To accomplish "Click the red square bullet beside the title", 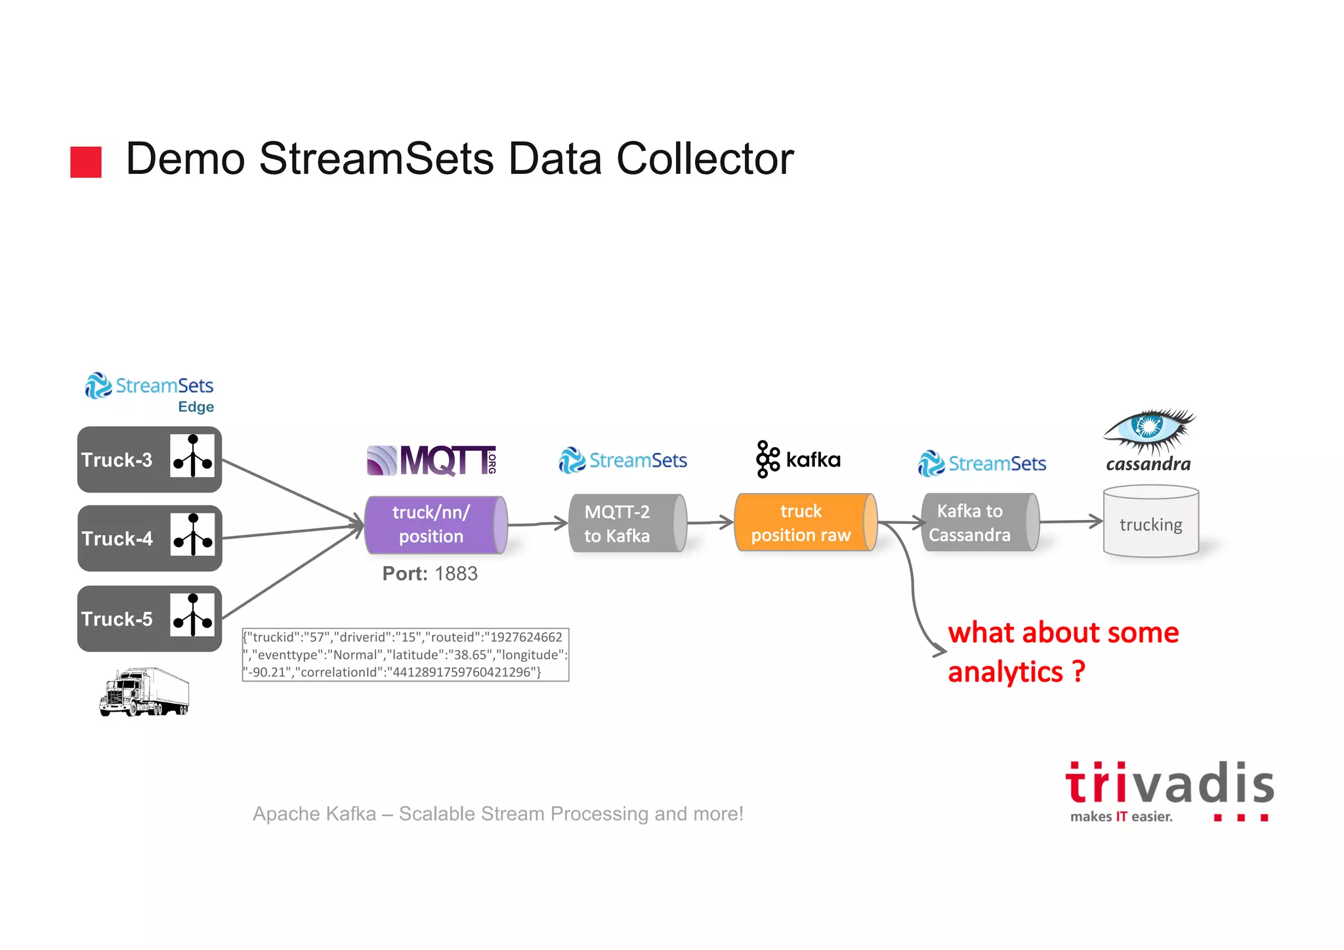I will (x=86, y=162).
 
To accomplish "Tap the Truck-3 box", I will (x=149, y=460).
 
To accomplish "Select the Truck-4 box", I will (x=149, y=538).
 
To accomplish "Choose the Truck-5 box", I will (x=149, y=618).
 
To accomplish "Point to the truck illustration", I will (x=144, y=692).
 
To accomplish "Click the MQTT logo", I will (x=431, y=460).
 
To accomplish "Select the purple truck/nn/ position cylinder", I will (x=434, y=525).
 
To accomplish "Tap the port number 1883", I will (x=455, y=574).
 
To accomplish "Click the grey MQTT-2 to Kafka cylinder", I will (x=627, y=523).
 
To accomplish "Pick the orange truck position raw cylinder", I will (x=805, y=523).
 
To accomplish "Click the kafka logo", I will (x=798, y=459).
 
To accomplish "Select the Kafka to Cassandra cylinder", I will (x=979, y=523).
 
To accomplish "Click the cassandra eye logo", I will (x=1149, y=430).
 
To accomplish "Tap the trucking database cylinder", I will (x=1150, y=522).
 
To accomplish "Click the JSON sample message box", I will (x=405, y=655).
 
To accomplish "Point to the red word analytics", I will (x=1005, y=672).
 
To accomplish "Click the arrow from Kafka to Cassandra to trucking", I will (x=1070, y=522).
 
